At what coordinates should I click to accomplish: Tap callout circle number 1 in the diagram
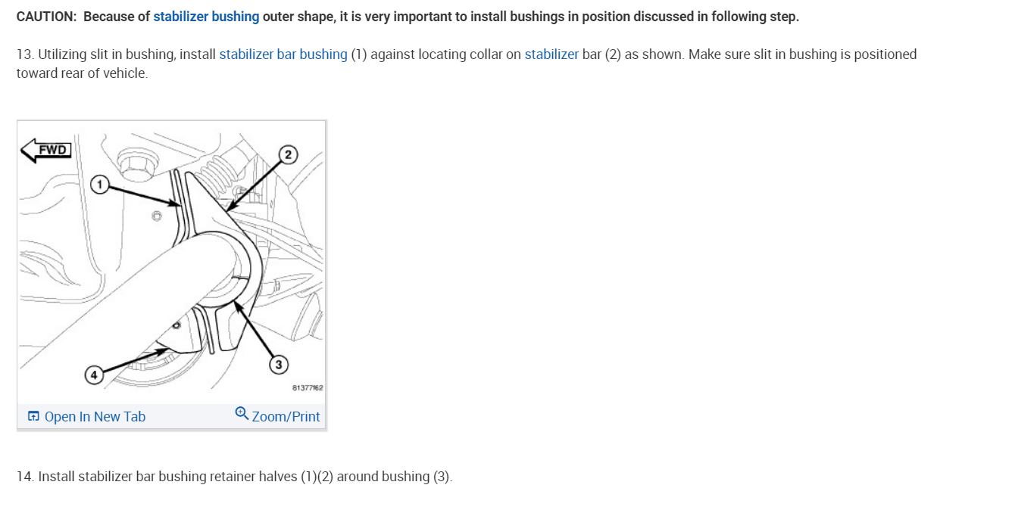click(98, 184)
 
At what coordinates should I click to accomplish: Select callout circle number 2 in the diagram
click(287, 155)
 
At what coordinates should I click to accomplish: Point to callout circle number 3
click(278, 365)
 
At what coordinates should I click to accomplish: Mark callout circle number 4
click(93, 375)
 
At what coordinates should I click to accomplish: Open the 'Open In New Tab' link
click(95, 417)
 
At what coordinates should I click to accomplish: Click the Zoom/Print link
click(286, 417)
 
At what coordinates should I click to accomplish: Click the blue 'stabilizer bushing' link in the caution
click(206, 17)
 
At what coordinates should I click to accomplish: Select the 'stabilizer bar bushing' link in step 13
click(283, 54)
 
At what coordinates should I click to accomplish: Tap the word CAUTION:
click(46, 17)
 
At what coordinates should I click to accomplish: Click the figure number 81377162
click(308, 388)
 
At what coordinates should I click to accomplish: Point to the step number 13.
click(24, 54)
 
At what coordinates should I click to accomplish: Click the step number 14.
click(24, 477)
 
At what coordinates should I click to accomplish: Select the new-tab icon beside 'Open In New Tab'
click(33, 417)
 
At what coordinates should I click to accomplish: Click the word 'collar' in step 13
click(484, 54)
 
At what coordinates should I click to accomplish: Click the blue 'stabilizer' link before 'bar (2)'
click(551, 54)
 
